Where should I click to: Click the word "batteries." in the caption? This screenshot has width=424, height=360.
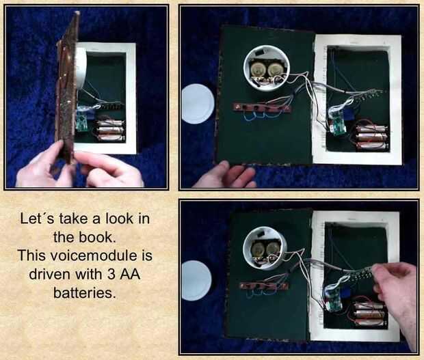point(84,292)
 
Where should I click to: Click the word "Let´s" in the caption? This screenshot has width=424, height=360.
point(37,219)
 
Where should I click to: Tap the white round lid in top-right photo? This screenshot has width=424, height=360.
point(198,104)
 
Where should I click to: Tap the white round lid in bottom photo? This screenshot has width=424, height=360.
point(196,281)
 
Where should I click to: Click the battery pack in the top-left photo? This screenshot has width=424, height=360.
point(110,130)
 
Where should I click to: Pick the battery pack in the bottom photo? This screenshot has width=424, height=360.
point(370,314)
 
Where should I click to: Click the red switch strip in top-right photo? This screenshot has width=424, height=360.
point(261,108)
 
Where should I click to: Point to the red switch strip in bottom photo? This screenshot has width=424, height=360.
point(264,285)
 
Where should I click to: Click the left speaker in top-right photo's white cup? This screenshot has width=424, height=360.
point(256,70)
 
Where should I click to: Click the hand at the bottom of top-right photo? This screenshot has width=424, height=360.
point(226,175)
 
